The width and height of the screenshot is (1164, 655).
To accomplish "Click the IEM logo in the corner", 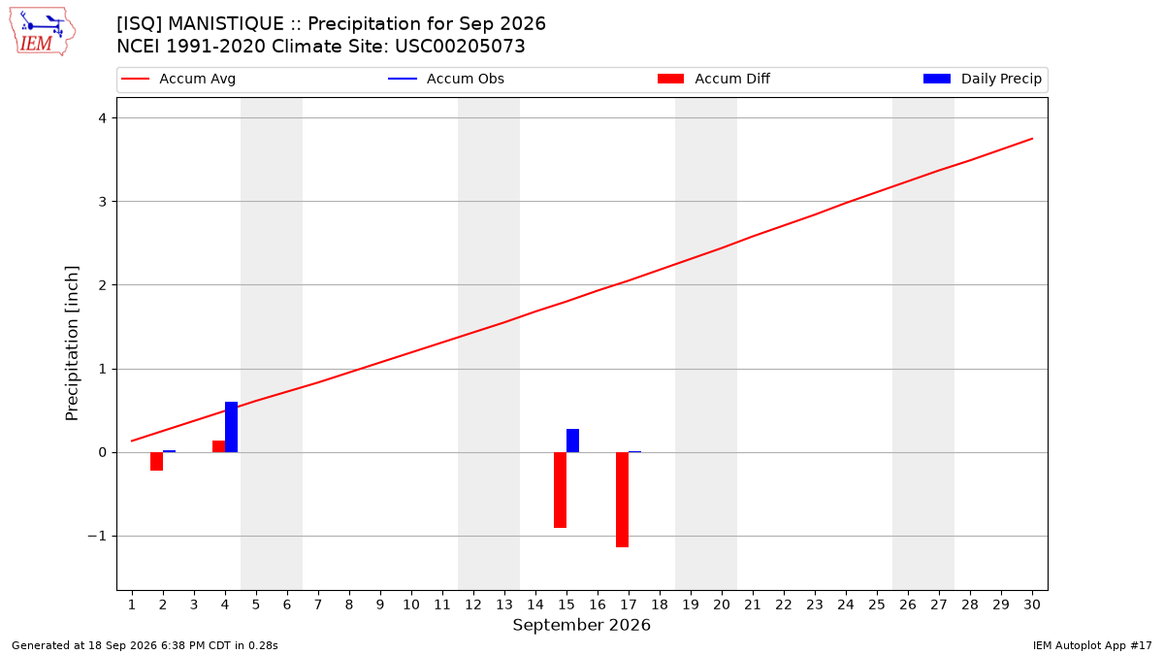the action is (x=42, y=32).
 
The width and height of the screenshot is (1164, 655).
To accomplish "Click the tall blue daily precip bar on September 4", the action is (x=231, y=427).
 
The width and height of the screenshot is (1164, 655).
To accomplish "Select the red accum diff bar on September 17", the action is (x=622, y=500).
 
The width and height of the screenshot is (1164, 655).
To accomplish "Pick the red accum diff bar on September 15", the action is (x=561, y=490).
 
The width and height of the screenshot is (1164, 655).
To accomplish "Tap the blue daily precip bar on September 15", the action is (x=572, y=441).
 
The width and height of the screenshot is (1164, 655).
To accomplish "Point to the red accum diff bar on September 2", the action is (x=156, y=462).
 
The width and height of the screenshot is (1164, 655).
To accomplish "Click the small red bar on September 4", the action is (x=219, y=446).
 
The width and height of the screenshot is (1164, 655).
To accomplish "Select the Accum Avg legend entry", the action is (x=178, y=79).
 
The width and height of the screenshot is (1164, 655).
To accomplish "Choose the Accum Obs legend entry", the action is (x=446, y=79).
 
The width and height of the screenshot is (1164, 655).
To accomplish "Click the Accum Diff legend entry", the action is (x=714, y=79).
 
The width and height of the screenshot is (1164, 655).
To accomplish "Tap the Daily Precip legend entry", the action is (x=982, y=79).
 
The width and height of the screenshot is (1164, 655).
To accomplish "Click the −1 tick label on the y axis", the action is (x=97, y=536).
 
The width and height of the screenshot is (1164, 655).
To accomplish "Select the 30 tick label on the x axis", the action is (x=1032, y=605).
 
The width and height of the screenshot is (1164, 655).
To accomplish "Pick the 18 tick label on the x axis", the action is (x=660, y=605).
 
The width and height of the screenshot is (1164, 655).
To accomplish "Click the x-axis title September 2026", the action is (x=581, y=625).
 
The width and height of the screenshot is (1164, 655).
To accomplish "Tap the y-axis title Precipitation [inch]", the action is (x=72, y=344).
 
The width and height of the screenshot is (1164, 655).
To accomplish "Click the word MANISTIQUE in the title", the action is (x=226, y=24).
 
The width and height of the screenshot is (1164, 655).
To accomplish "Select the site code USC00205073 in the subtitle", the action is (x=460, y=47).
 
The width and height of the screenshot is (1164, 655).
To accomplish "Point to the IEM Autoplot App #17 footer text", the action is (x=1092, y=645).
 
